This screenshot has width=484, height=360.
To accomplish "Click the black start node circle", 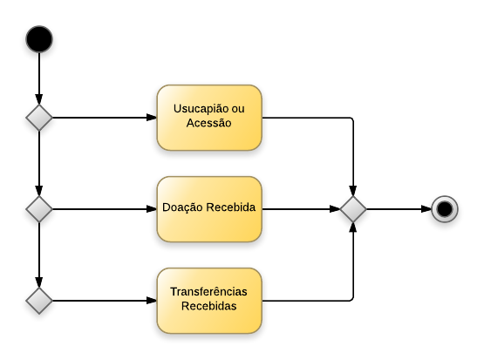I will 39,39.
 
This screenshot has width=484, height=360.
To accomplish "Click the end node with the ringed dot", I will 445,209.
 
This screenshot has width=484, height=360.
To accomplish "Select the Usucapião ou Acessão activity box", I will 209,117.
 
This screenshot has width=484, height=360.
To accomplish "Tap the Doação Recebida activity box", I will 209,209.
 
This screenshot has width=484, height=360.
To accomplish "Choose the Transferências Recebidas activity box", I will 209,301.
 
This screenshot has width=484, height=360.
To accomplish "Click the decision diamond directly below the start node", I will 39,118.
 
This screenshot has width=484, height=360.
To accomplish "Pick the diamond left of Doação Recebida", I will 39,209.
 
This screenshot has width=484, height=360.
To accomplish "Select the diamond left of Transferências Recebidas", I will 39,301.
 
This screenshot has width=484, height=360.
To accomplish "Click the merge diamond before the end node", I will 353,209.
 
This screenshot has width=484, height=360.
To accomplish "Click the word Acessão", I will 209,124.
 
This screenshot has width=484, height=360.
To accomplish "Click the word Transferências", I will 209,293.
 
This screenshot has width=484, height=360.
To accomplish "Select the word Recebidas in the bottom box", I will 209,307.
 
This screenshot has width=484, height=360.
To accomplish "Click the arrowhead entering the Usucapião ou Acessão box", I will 151,118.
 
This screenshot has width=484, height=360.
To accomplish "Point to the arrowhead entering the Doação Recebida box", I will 151,209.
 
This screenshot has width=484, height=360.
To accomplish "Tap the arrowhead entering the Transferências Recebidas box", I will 151,301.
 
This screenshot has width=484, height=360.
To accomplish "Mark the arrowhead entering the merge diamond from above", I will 353,191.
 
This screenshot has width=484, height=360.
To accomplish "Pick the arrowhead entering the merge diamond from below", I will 353,228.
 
